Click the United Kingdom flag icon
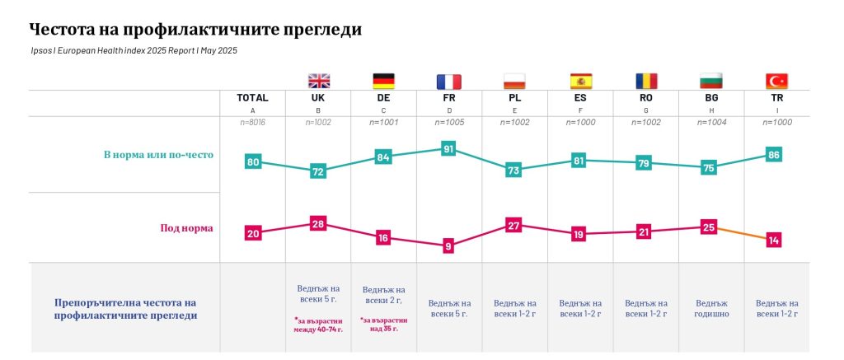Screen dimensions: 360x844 (x=318, y=81)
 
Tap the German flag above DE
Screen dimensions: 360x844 (x=383, y=81)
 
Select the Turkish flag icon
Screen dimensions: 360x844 (x=776, y=81)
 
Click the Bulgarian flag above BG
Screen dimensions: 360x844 (x=710, y=81)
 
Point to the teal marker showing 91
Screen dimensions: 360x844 (x=449, y=149)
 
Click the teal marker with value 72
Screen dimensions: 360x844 (x=318, y=171)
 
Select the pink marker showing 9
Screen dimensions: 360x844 (x=449, y=245)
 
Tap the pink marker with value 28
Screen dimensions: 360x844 (x=318, y=223)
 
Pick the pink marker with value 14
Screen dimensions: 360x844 (x=773, y=240)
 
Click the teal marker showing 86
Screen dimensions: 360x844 (x=773, y=155)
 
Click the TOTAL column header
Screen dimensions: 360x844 (x=252, y=97)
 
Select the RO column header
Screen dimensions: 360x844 (x=645, y=97)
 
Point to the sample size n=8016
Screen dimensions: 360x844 (x=252, y=122)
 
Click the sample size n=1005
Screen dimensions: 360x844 (x=449, y=122)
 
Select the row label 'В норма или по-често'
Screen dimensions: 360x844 (x=158, y=155)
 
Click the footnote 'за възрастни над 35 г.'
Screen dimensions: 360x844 (x=383, y=324)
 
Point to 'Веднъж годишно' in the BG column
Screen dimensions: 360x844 (x=711, y=308)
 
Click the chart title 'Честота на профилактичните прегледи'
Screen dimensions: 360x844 (x=195, y=30)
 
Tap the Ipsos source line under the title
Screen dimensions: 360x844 (x=133, y=51)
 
